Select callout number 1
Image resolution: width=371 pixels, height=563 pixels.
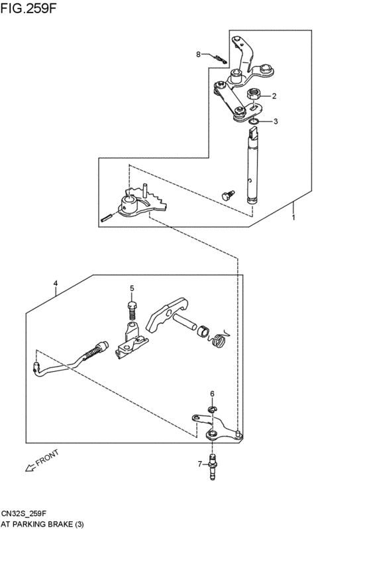293,216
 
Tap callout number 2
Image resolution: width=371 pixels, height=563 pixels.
275,96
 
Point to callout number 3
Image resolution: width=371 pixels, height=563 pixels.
276,121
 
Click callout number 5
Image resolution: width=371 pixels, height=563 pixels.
132,288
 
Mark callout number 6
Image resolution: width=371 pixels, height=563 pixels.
212,394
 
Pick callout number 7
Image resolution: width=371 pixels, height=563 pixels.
199,464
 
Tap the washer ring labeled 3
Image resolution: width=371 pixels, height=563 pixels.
253,121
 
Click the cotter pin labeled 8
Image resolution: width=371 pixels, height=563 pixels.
217,59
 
